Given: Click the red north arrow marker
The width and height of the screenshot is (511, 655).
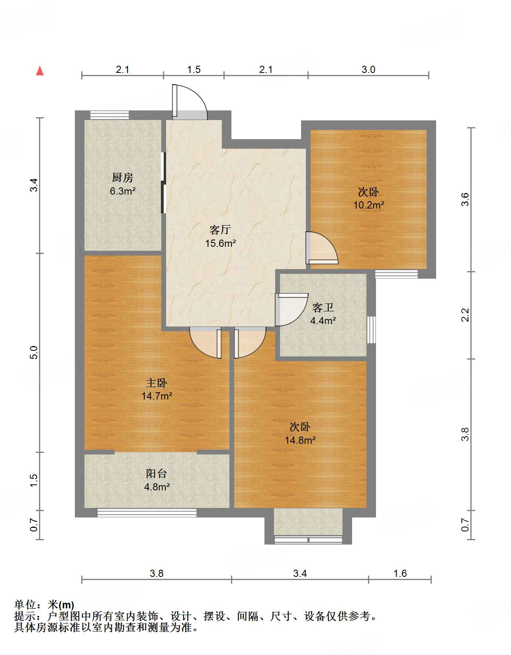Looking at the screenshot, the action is tap(40, 71).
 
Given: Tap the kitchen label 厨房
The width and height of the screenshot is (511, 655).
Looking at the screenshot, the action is tap(123, 177).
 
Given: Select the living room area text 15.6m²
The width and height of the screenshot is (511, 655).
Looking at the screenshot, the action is tap(220, 243).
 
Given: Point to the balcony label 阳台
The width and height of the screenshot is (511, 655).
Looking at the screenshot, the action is tap(157, 474).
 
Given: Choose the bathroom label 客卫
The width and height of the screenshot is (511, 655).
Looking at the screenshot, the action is tap(323, 307).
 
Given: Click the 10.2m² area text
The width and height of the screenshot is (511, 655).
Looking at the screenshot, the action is tap(368, 205).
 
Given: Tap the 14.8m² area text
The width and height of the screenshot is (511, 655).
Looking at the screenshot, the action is tap(300, 440).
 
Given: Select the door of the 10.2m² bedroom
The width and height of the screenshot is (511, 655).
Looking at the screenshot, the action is tap(321, 248).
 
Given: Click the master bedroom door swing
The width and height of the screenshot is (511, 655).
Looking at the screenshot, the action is tap(206, 343).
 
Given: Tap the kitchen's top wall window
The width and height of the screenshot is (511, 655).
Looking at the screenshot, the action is tap(110, 115).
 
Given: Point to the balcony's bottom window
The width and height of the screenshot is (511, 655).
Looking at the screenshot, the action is tap(147, 513).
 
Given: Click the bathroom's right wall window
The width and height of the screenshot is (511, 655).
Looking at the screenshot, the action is tap(371, 329).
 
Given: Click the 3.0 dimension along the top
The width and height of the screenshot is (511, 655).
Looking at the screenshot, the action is tap(368, 70).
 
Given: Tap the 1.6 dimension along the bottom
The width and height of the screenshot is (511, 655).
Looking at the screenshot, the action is tap(400, 573).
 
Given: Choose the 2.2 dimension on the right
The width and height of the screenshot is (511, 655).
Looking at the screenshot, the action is tap(465, 315).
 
